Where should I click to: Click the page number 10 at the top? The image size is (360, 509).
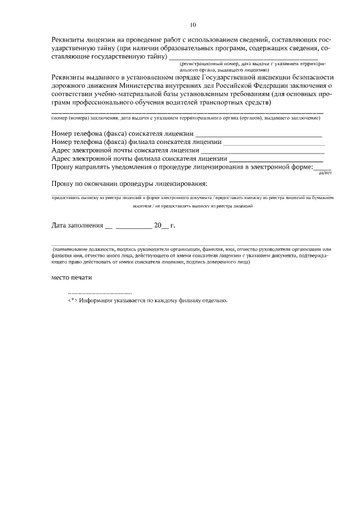click(193, 25)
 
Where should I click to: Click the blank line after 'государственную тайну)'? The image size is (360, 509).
click(243, 58)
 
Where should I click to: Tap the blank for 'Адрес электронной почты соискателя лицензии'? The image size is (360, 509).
click(263, 152)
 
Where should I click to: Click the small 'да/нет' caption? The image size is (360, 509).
click(326, 173)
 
